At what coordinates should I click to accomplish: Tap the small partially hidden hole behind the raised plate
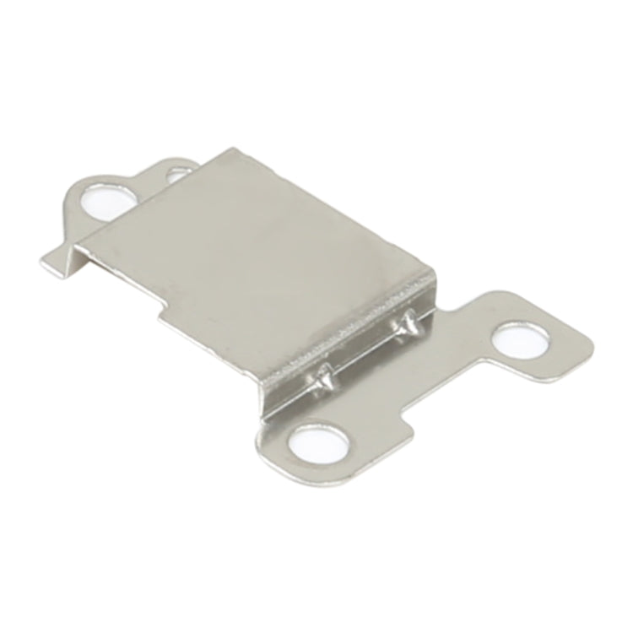[178, 176]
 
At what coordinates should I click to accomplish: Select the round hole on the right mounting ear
[519, 338]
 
